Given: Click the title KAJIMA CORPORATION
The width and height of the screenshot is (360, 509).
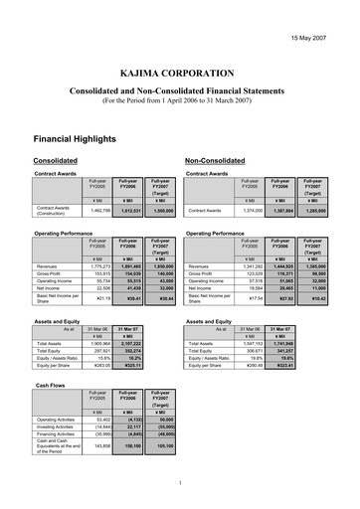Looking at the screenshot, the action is (179, 75).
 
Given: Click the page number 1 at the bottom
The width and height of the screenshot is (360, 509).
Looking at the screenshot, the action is (180, 484).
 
